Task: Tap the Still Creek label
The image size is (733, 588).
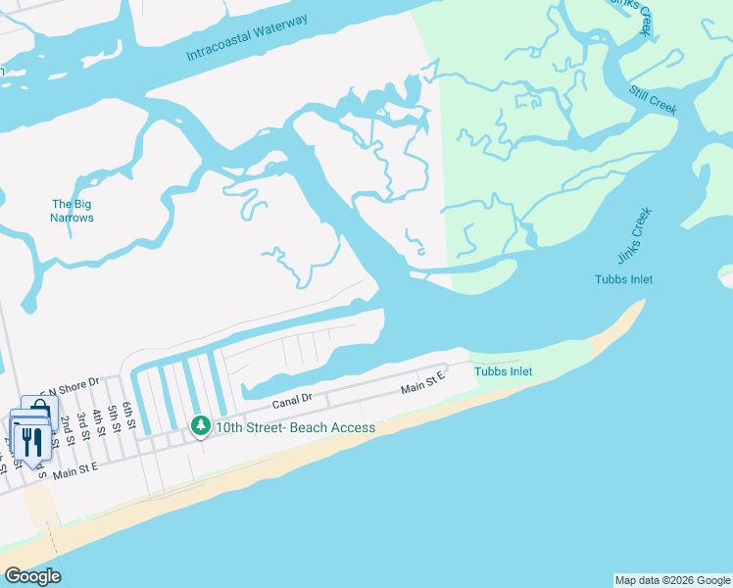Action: (654, 99)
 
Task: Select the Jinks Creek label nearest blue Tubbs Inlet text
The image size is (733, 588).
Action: (634, 236)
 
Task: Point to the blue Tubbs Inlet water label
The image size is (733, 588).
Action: (623, 279)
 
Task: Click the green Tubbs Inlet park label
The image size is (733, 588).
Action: (503, 371)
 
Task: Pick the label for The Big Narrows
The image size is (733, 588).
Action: (73, 211)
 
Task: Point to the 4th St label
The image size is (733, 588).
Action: (98, 418)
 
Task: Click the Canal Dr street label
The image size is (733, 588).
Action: (292, 400)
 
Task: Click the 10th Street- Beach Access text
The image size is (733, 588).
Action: (295, 427)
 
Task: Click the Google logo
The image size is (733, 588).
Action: (32, 576)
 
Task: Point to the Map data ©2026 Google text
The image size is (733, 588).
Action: (672, 580)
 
